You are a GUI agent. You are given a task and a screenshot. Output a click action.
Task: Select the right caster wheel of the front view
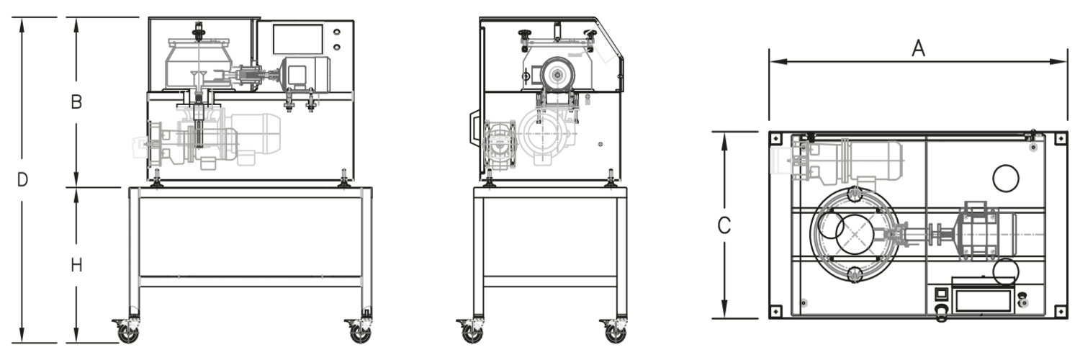coord(361,330)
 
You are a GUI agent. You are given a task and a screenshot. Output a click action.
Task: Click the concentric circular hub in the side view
coord(558,75)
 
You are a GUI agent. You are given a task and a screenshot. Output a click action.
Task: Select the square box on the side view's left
coord(500,149)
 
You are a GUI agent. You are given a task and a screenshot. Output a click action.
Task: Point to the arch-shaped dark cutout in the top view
coord(1006,184)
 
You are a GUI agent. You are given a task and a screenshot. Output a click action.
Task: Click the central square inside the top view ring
coord(855,234)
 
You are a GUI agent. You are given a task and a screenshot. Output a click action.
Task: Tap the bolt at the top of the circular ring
coord(855,194)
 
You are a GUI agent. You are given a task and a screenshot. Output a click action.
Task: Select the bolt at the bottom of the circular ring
coord(855,273)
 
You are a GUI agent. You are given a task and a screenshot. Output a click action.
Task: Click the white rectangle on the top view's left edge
coord(780,161)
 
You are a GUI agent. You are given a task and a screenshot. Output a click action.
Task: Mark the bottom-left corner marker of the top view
coord(775,312)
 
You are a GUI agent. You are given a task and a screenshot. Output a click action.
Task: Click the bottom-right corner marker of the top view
coord(1061,312)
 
